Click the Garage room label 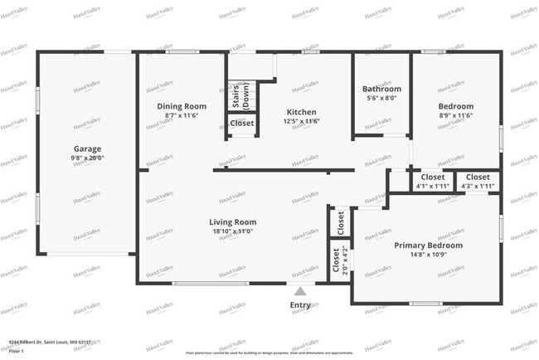pos(87,149)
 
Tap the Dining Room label pos(182,106)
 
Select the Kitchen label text pos(302,112)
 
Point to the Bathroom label pos(381,89)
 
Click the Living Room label pos(232,221)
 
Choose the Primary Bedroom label pos(428,246)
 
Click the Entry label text pos(300,305)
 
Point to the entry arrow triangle pos(300,291)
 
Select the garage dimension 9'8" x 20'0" pos(87,158)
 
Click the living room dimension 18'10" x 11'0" pos(232,231)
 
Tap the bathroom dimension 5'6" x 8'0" pos(381,97)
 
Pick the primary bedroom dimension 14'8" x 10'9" pos(428,255)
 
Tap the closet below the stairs pos(242,124)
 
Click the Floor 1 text pos(16,351)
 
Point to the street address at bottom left pos(49,341)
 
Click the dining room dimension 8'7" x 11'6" pos(182,115)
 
